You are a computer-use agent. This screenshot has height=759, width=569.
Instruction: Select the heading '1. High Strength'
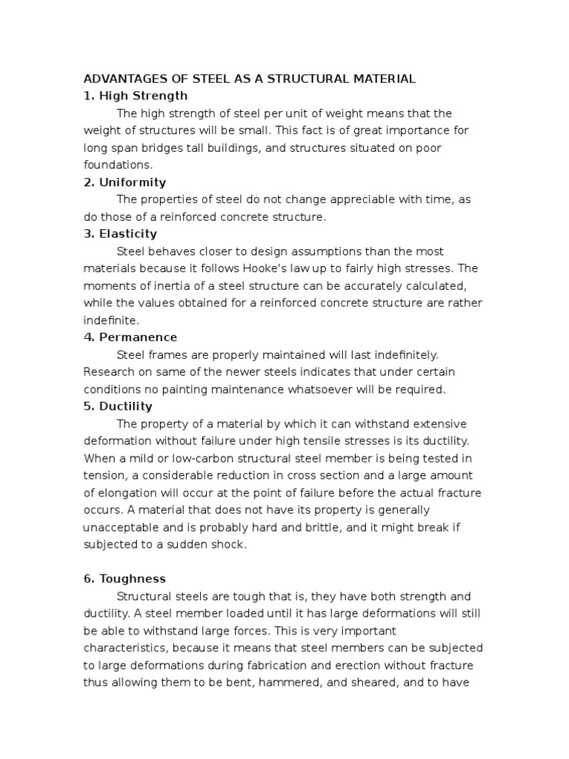tap(136, 96)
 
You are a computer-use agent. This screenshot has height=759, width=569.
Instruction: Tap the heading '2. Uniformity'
tap(124, 182)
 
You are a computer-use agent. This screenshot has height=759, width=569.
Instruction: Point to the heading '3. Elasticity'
tap(120, 234)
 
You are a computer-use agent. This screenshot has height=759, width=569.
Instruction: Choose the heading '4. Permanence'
tap(130, 337)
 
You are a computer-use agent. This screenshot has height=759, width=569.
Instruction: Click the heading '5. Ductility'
tap(118, 406)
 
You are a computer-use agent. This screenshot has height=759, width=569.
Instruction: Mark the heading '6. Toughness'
tap(124, 579)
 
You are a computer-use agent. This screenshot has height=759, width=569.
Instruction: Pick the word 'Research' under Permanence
tap(108, 372)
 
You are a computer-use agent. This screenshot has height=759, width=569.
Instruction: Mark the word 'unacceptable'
tap(120, 527)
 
